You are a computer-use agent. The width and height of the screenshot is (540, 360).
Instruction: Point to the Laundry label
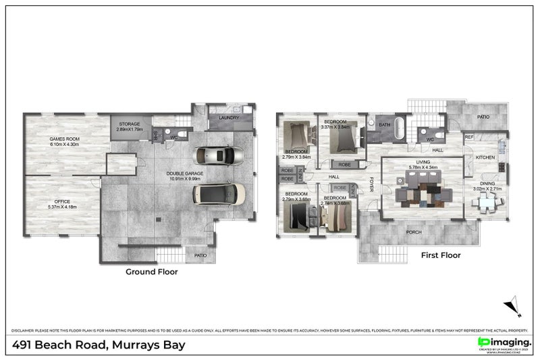pos(230,118)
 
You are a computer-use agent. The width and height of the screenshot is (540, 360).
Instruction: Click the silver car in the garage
pos(219,156)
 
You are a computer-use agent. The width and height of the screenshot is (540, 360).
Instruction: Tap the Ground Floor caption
pos(152,272)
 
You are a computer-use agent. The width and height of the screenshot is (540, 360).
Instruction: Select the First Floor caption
pos(440,255)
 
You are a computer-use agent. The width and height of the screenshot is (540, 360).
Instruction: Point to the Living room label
pos(423,162)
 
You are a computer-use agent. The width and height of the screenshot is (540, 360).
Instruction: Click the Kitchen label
pos(485,157)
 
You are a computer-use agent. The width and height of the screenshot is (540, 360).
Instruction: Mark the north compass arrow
pos(516,305)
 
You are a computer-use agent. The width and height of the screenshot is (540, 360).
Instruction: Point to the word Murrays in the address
pos(138,346)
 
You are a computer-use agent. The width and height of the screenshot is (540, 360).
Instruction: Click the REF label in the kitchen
pos(469,136)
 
